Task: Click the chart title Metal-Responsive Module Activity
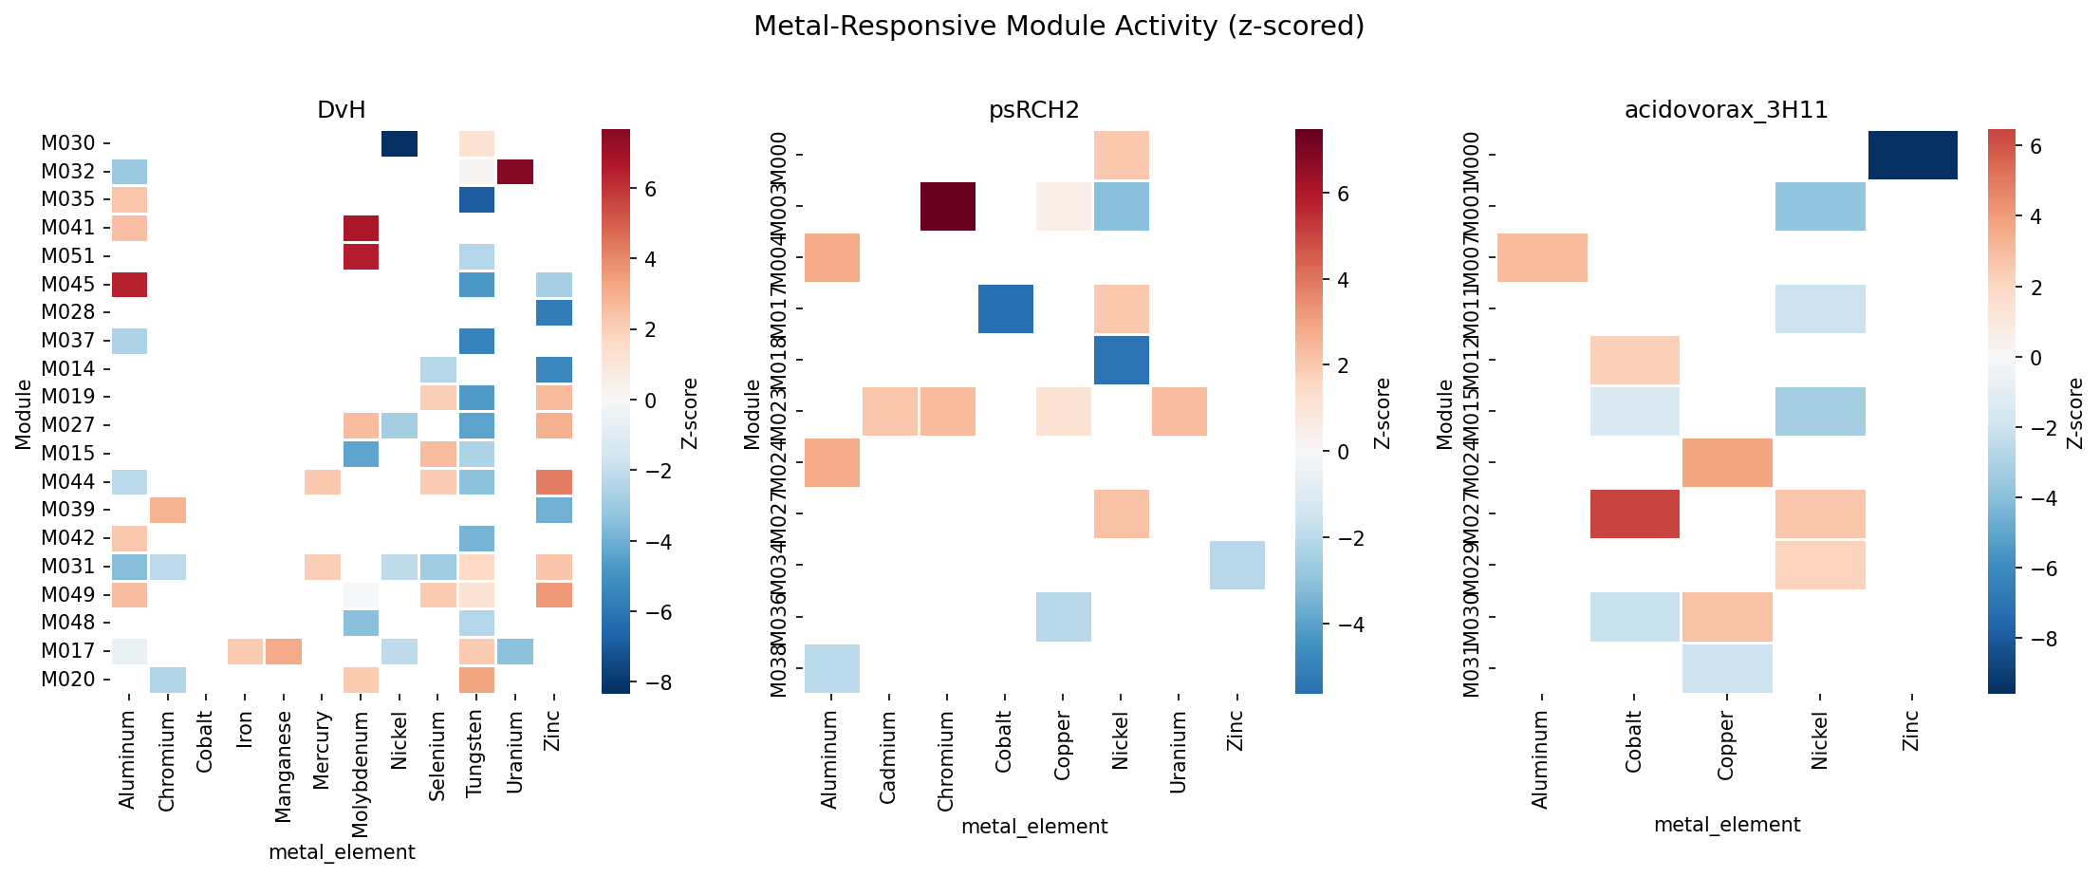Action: click(x=1059, y=27)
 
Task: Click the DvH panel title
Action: click(x=342, y=110)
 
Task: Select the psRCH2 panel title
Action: click(x=1034, y=110)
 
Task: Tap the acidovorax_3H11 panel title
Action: click(x=1726, y=110)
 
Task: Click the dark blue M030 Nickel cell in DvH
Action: click(x=399, y=144)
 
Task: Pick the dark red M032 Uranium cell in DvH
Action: click(x=514, y=172)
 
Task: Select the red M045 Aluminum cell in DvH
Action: click(x=128, y=285)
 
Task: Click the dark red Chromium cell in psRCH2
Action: click(x=947, y=206)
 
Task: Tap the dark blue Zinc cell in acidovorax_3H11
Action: click(x=1912, y=155)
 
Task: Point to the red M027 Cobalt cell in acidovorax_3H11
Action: click(x=1634, y=513)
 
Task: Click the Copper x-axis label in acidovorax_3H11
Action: click(x=1726, y=746)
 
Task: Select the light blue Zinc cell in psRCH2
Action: click(x=1236, y=565)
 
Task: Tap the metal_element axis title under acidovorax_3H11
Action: click(x=1726, y=825)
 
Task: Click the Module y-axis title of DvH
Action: click(x=24, y=414)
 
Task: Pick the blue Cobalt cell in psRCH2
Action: click(x=1005, y=308)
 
